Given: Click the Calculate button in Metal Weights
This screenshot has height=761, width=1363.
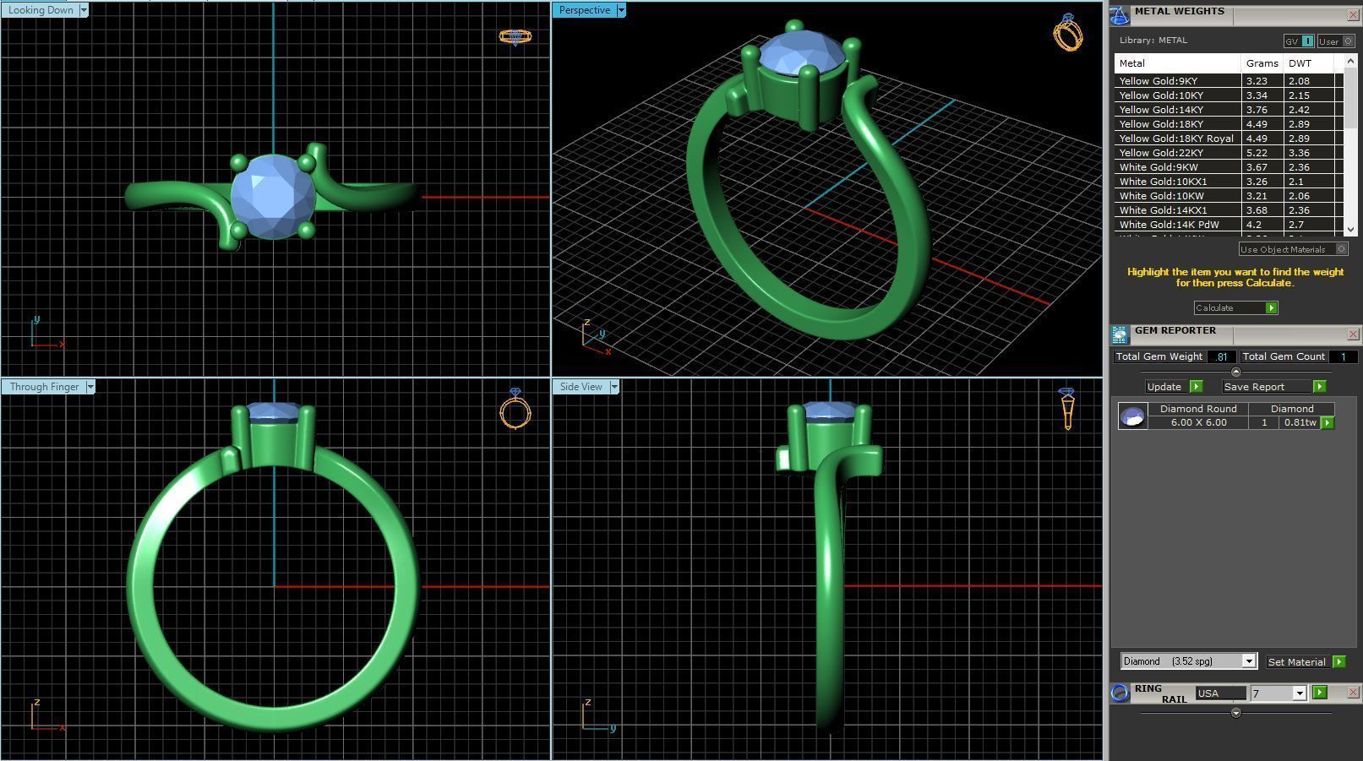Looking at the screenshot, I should [1235, 307].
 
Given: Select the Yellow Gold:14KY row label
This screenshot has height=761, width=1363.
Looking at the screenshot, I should [1161, 110].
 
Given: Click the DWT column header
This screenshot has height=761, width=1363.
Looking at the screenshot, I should [1300, 63].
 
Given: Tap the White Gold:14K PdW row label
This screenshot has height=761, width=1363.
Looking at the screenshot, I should [1169, 225].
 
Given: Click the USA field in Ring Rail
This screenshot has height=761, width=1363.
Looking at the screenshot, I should [1219, 693].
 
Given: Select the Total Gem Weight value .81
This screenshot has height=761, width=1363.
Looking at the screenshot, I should [1221, 356].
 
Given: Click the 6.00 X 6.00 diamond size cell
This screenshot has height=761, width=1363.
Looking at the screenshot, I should [1198, 422].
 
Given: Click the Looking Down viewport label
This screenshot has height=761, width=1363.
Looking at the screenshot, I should [41, 10].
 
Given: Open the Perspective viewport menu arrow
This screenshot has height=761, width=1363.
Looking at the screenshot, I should [621, 10].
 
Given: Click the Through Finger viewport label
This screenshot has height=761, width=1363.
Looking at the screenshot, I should [44, 387].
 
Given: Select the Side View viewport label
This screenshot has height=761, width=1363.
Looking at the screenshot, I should [581, 387].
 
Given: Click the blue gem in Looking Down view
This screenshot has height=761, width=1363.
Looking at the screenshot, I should [272, 198].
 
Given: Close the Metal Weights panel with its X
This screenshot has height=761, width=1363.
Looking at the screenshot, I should [1352, 14].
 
